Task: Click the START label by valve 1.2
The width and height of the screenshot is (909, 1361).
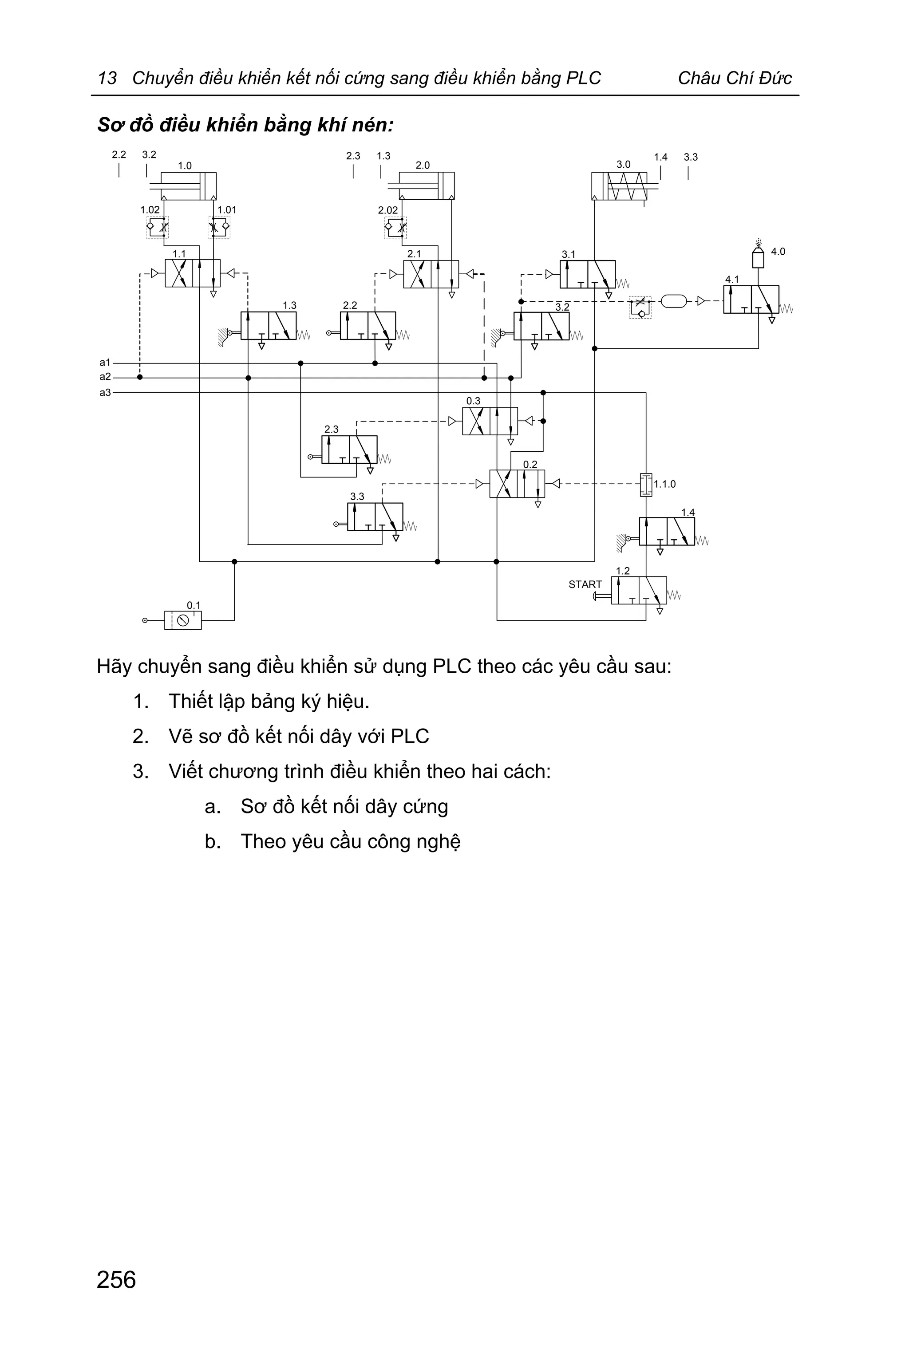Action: [585, 584]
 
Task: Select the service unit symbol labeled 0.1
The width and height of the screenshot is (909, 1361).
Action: [182, 620]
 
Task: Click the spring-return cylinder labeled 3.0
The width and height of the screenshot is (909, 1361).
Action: [619, 186]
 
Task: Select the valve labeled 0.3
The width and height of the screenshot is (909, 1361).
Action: [490, 421]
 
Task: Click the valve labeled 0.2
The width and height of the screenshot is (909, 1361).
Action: [517, 484]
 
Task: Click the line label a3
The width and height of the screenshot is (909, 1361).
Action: [105, 392]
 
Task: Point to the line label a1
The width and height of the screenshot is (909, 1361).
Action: [105, 362]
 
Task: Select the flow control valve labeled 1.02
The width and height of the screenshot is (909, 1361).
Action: [157, 227]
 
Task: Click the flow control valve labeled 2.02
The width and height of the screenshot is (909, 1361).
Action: [395, 228]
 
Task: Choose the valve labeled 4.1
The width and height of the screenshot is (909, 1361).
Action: [751, 300]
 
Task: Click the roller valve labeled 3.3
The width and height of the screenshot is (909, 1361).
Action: [375, 517]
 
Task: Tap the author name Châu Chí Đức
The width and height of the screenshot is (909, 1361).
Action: [734, 78]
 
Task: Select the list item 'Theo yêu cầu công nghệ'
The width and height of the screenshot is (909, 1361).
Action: [350, 841]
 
